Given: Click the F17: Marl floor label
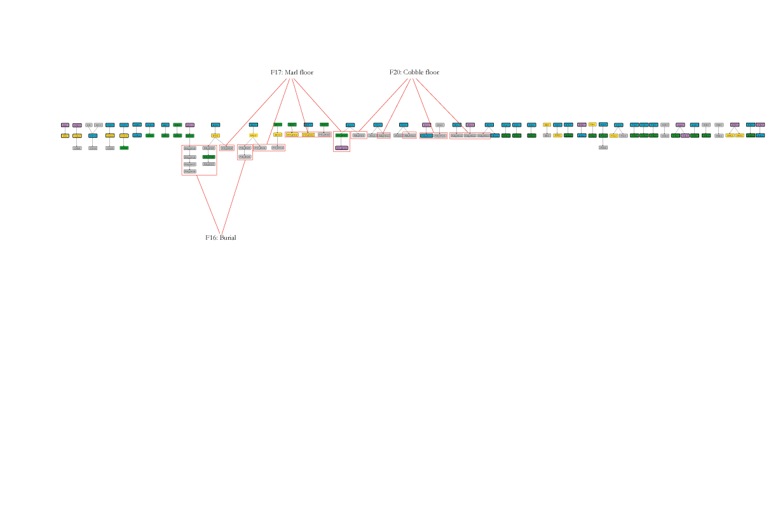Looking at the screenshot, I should pyautogui.click(x=292, y=72).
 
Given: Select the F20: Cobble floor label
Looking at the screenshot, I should pyautogui.click(x=414, y=72).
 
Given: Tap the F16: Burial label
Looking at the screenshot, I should pyautogui.click(x=221, y=237).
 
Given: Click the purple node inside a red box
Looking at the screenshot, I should pyautogui.click(x=341, y=148).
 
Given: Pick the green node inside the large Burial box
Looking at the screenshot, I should pyautogui.click(x=208, y=156).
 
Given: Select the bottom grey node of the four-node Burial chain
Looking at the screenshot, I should pyautogui.click(x=189, y=172).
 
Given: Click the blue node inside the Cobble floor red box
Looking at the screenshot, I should pyautogui.click(x=426, y=135).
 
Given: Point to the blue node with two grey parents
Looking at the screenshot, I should pyautogui.click(x=93, y=135).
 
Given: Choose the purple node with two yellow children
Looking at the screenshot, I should pyautogui.click(x=735, y=125).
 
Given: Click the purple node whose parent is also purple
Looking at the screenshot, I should pyautogui.click(x=685, y=135).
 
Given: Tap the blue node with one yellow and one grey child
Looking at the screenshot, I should pyautogui.click(x=618, y=125).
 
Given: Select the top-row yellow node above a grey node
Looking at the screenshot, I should pyautogui.click(x=547, y=125).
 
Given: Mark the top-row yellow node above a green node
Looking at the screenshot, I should pyautogui.click(x=592, y=125).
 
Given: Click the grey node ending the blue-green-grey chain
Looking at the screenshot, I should pyautogui.click(x=603, y=148).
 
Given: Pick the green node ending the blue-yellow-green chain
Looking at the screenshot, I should pyautogui.click(x=124, y=148).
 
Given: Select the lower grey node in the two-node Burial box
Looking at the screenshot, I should pyautogui.click(x=245, y=156).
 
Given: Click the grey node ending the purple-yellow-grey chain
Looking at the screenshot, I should pyautogui.click(x=77, y=148).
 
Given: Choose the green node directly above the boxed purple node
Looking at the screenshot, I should pyautogui.click(x=341, y=135).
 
